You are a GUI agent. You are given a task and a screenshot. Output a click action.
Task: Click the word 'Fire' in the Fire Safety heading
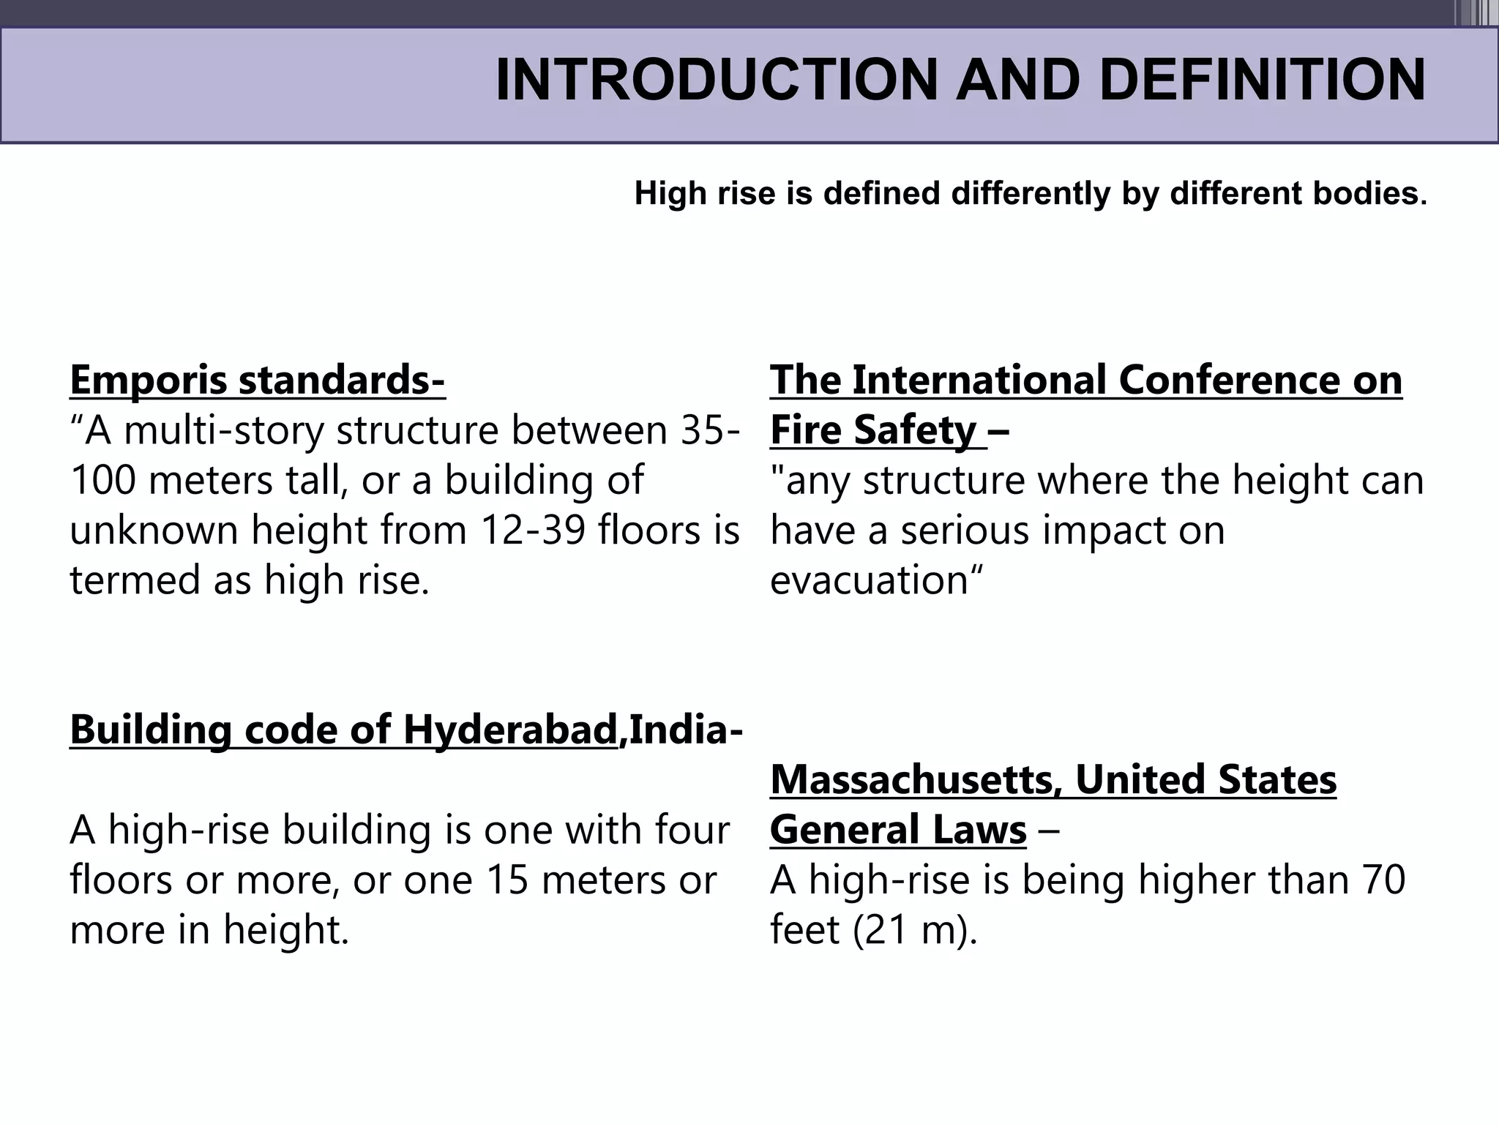coord(806,430)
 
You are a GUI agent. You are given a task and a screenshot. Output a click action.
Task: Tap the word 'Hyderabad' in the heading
coord(510,730)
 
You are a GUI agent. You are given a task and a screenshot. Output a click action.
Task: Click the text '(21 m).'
coord(915,931)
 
